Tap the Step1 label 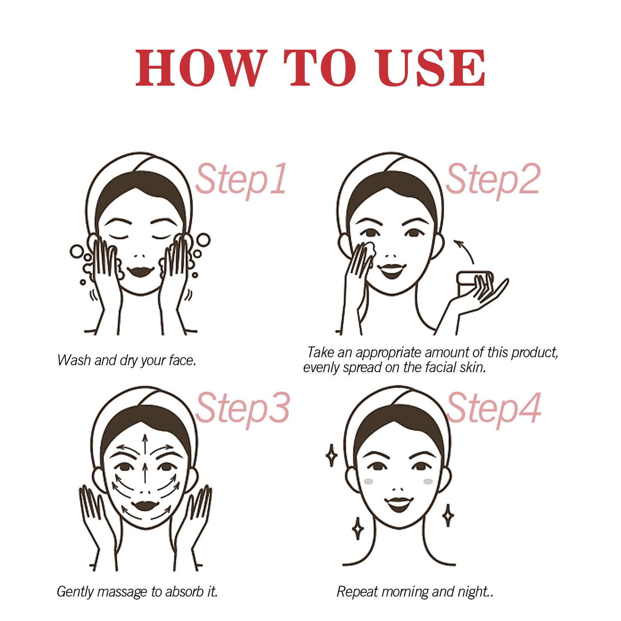point(241,179)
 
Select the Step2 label point(493,179)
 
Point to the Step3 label point(242,408)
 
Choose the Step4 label point(493,408)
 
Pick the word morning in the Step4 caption point(405,592)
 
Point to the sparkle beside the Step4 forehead point(331,456)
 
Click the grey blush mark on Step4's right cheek point(428,481)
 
